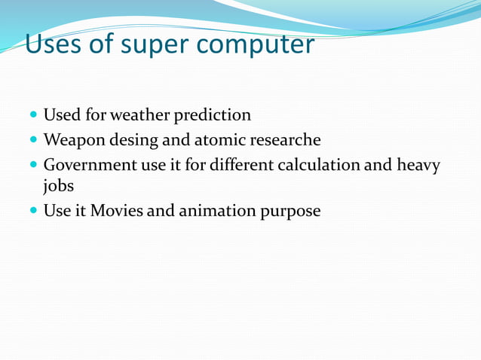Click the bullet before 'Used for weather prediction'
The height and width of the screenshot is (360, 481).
(x=34, y=116)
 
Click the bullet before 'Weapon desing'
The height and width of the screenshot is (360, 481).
(x=34, y=140)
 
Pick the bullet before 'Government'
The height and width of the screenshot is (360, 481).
(x=34, y=164)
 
